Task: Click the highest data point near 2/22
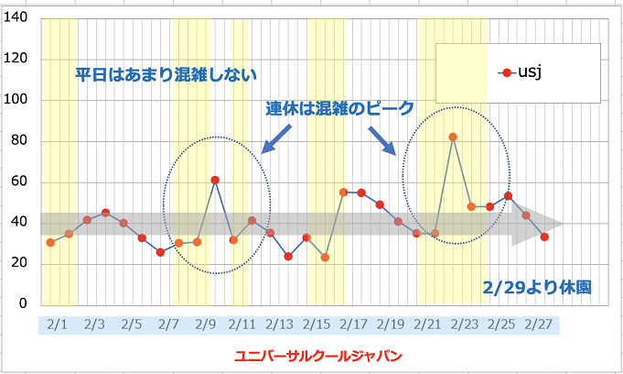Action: tap(453, 137)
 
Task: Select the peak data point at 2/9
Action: tap(215, 180)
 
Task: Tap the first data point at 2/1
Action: tap(50, 242)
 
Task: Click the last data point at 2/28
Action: tap(544, 236)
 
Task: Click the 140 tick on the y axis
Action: tap(16, 18)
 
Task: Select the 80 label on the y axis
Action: tap(19, 141)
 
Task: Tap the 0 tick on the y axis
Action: tap(23, 304)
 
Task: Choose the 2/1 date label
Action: tap(57, 324)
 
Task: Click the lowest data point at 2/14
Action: tap(288, 257)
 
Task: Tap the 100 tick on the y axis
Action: tap(16, 100)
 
